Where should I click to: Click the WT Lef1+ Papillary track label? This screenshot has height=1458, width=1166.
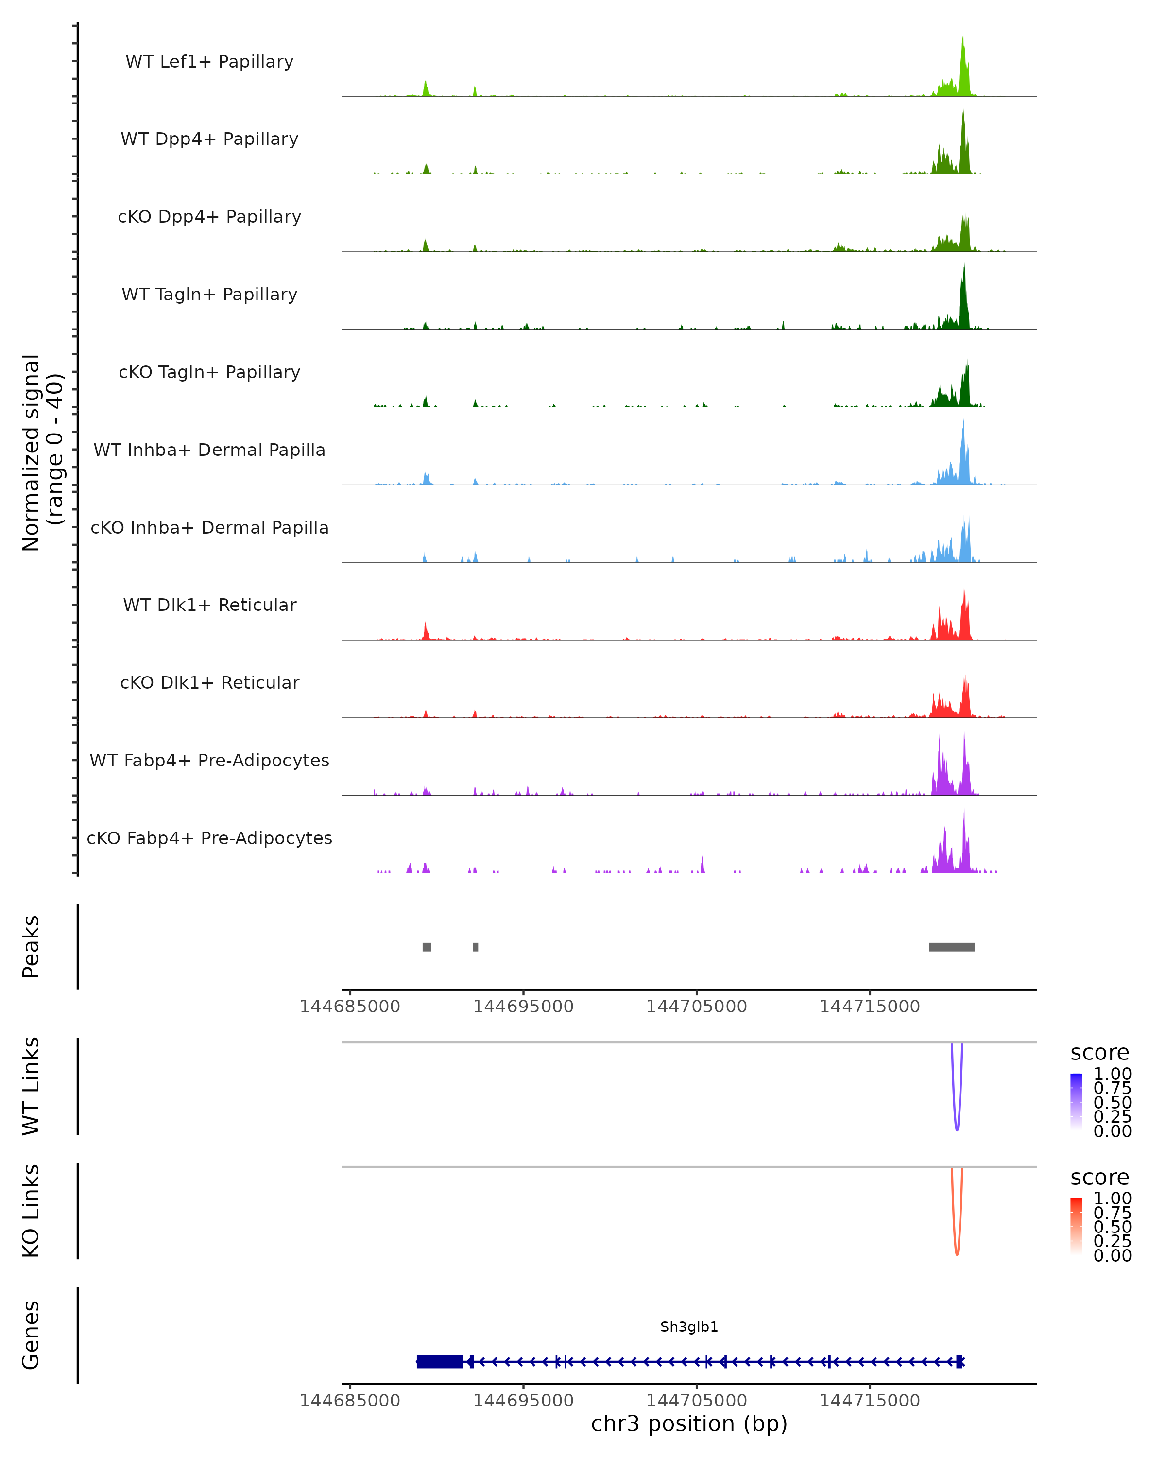pyautogui.click(x=209, y=62)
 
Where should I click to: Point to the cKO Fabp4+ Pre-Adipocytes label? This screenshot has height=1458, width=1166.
pyautogui.click(x=209, y=838)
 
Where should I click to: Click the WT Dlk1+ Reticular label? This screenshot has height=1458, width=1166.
pyautogui.click(x=209, y=605)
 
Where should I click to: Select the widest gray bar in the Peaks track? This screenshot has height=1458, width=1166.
pyautogui.click(x=951, y=947)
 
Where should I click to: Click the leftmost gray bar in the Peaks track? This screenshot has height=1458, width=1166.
pyautogui.click(x=427, y=947)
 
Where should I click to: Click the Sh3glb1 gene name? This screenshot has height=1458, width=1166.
pyautogui.click(x=689, y=1327)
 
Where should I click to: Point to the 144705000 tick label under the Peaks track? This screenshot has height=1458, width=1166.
pyautogui.click(x=696, y=1007)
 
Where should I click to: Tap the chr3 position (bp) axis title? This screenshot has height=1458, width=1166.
pyautogui.click(x=689, y=1423)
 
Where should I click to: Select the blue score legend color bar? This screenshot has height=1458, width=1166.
pyautogui.click(x=1076, y=1101)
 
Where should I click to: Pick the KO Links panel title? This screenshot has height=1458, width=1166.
pyautogui.click(x=31, y=1211)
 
